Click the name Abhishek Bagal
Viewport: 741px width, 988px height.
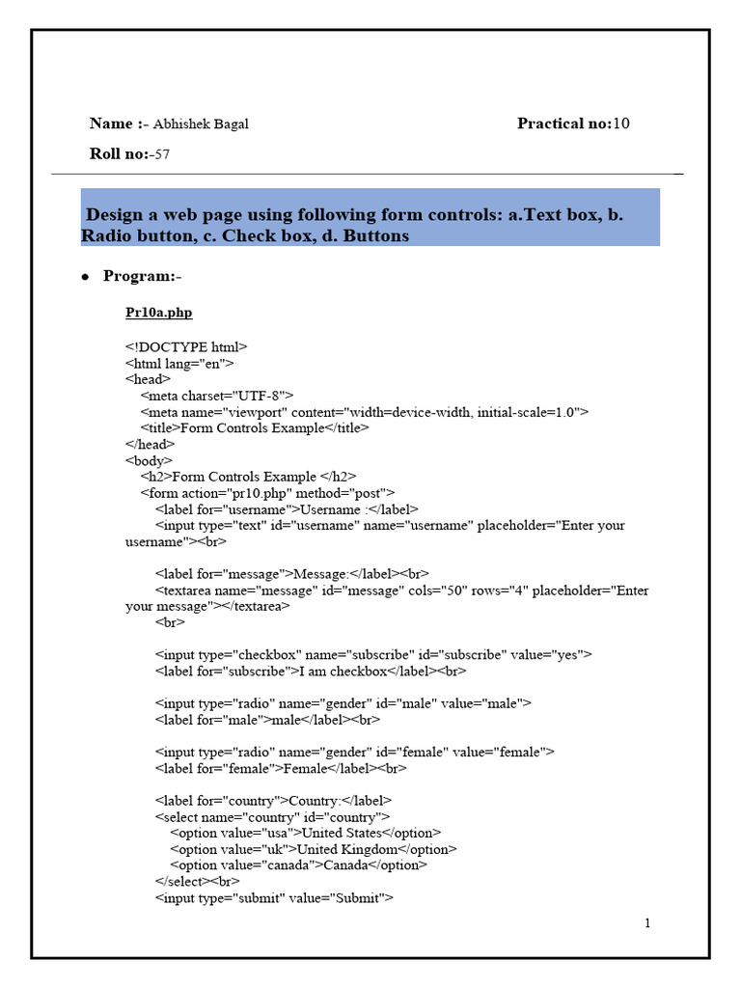(201, 123)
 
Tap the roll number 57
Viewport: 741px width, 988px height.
(162, 153)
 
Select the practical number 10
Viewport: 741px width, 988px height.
(621, 123)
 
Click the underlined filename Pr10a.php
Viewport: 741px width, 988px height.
(158, 313)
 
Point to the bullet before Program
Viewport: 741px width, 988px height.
(85, 278)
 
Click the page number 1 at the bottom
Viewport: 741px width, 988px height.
(647, 923)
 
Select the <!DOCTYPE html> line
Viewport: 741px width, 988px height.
(186, 346)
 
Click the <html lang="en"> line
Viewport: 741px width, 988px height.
(179, 363)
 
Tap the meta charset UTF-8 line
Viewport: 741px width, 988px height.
(217, 396)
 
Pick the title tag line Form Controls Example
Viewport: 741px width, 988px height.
(255, 427)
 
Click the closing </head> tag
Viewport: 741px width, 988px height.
(150, 444)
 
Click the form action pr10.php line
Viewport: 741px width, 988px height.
(267, 493)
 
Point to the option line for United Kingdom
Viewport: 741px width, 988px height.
(314, 849)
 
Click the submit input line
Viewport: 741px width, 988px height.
(274, 898)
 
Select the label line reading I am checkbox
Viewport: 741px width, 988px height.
(311, 671)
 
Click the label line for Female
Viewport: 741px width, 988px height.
(281, 768)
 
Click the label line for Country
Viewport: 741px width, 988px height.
(273, 801)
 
